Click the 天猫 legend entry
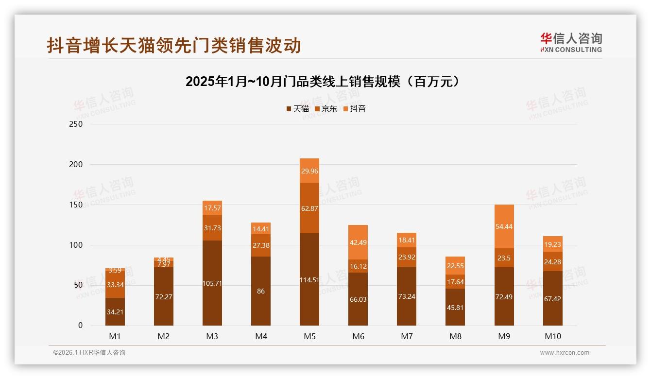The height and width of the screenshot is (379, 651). pos(297,109)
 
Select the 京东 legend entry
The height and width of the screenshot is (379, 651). pos(326,109)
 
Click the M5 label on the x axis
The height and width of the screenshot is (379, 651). pos(309,336)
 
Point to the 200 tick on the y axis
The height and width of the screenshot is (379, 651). pos(76,165)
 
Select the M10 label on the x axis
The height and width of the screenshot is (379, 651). pos(552,336)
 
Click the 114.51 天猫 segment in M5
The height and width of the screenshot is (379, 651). pos(309,279)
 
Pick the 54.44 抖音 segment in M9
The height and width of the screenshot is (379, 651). pos(504,226)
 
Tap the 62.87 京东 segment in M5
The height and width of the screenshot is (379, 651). pos(309,208)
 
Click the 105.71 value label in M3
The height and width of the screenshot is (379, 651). pos(212,283)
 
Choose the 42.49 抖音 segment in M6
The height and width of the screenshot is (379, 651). pos(358,242)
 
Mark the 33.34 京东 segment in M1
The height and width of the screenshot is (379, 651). pos(115,284)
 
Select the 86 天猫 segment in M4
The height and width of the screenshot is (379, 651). pos(261,291)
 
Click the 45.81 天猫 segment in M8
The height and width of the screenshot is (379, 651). pos(455,307)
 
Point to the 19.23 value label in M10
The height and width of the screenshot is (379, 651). pos(552,245)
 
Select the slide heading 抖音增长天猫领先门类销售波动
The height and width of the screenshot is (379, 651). pos(174,45)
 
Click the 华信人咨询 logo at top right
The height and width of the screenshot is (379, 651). pos(571,42)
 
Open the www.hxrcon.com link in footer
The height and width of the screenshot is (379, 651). pos(565,353)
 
